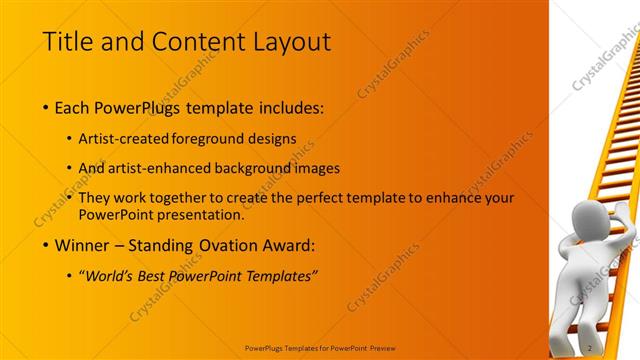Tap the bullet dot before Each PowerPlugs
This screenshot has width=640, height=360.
pyautogui.click(x=47, y=108)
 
